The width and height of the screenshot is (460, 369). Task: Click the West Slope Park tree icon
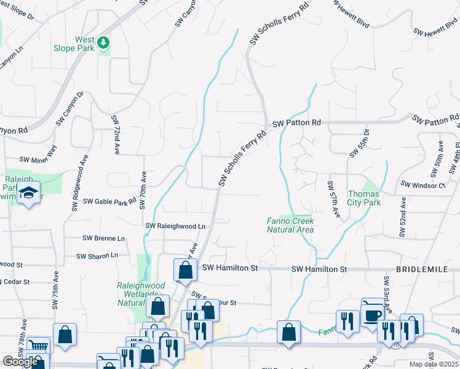pyautogui.click(x=105, y=42)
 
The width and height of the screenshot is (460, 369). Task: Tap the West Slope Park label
pyautogui.click(x=85, y=44)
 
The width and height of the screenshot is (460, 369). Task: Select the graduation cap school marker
pyautogui.click(x=28, y=194)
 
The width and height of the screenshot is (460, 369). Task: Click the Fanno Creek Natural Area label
pyautogui.click(x=290, y=225)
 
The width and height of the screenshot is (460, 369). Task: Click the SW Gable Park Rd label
pyautogui.click(x=109, y=201)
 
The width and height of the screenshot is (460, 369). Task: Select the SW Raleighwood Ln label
pyautogui.click(x=175, y=226)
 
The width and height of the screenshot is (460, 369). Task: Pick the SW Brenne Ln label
pyautogui.click(x=103, y=238)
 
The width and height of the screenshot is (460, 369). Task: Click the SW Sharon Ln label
pyautogui.click(x=97, y=256)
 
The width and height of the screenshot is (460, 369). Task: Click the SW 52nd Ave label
pyautogui.click(x=403, y=217)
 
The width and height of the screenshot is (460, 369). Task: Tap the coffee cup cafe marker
pyautogui.click(x=371, y=315)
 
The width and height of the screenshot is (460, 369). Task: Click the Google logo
pyautogui.click(x=20, y=362)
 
